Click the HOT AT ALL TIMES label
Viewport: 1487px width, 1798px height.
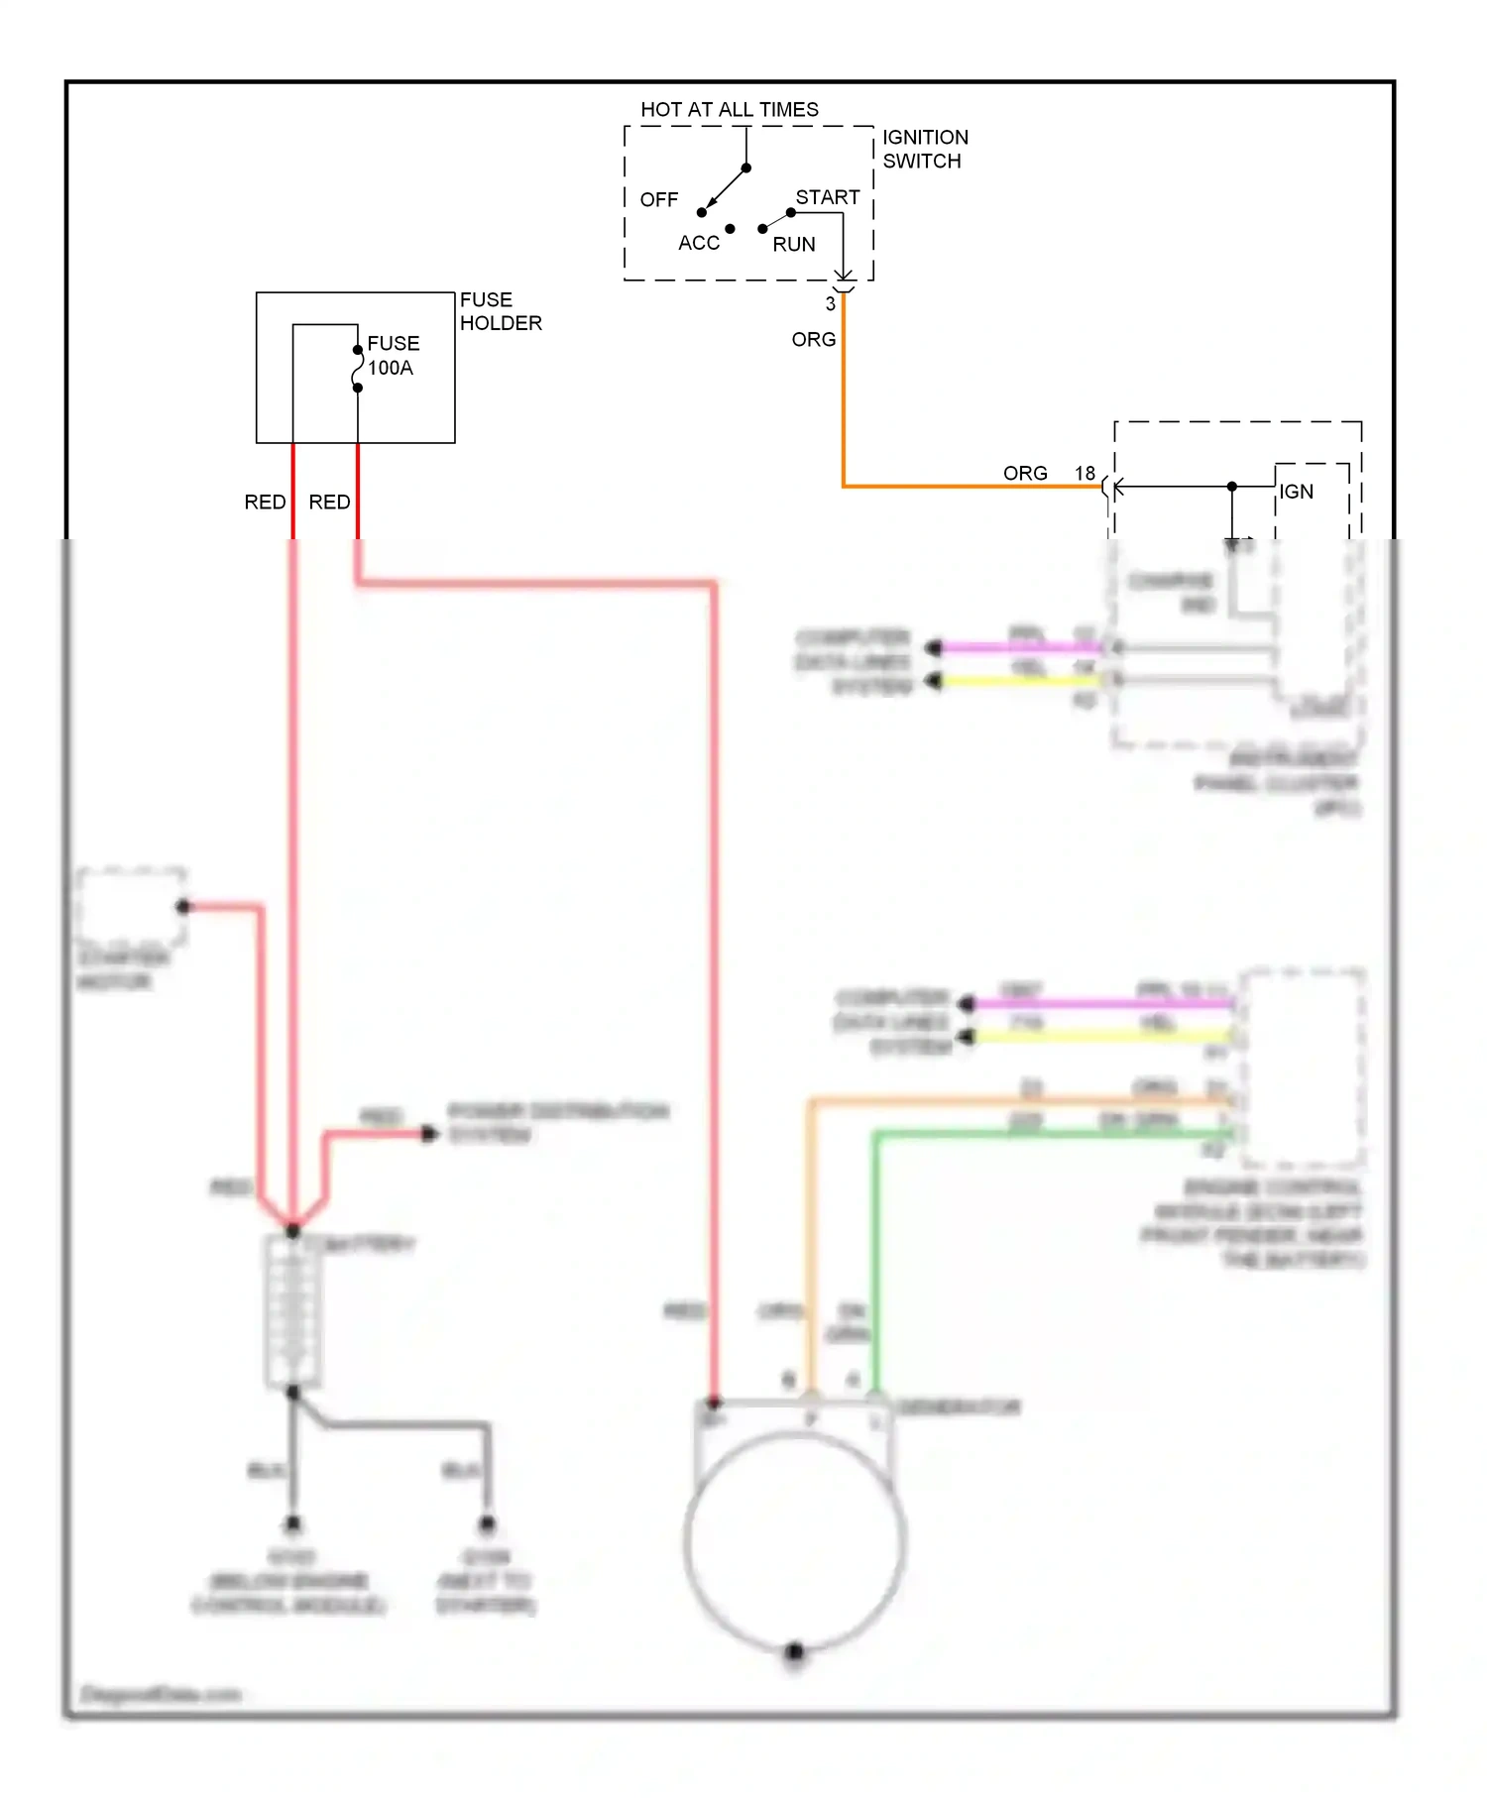[729, 109]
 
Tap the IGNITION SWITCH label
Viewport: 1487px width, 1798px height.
[924, 149]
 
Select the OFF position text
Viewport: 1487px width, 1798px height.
[658, 200]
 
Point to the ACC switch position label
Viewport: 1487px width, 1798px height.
[698, 243]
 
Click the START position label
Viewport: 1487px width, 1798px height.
[827, 197]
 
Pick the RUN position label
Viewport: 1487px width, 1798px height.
[793, 244]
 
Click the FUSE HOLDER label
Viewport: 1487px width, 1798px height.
[500, 311]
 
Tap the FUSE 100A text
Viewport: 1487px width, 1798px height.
[393, 355]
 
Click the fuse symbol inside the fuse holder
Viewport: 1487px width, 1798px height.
[357, 369]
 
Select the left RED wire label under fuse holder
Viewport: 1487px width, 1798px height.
[265, 502]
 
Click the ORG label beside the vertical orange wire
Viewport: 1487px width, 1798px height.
[813, 339]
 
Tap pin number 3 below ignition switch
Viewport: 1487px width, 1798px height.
[830, 304]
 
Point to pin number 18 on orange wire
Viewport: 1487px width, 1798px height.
[1085, 473]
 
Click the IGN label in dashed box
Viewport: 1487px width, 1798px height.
[1295, 492]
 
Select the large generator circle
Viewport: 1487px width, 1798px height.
[794, 1541]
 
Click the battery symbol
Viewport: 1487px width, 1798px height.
[292, 1311]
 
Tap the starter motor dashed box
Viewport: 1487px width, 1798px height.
[131, 906]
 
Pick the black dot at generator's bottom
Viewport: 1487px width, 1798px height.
[794, 1651]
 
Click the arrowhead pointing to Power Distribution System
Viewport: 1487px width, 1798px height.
[430, 1133]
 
